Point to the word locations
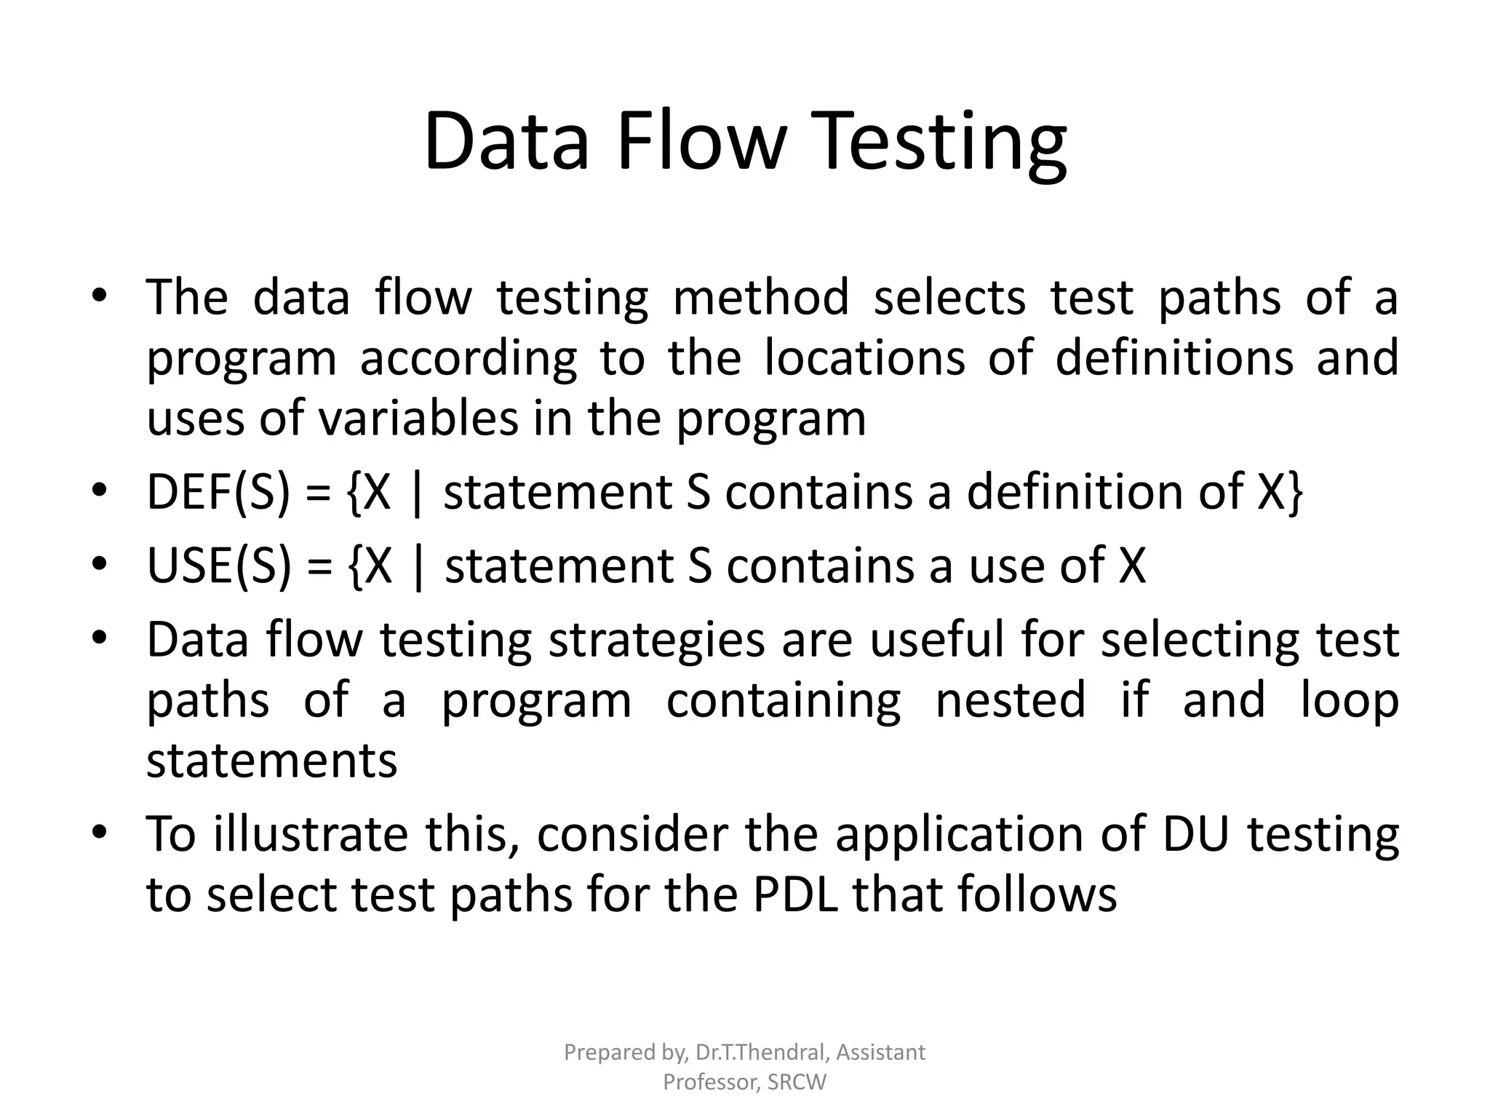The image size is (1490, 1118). coord(864,357)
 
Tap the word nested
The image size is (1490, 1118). coord(1010,699)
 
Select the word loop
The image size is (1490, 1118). coord(1350,699)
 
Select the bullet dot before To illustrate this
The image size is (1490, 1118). coord(100,830)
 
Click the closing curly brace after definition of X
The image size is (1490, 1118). coord(1294,492)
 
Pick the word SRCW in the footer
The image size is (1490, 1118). coord(797,1082)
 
